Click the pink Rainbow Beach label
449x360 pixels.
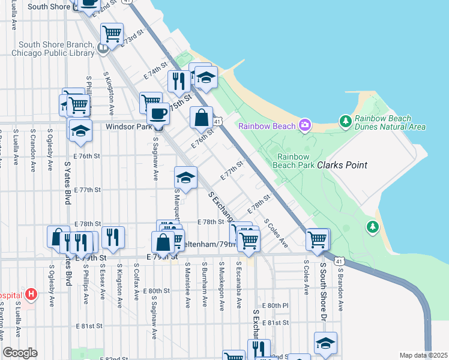click(x=267, y=126)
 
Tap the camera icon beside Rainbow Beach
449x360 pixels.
click(x=305, y=125)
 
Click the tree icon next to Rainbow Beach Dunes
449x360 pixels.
click(x=345, y=122)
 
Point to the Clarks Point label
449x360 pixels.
click(x=342, y=165)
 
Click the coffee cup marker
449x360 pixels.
click(x=158, y=113)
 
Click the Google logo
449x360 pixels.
click(x=20, y=353)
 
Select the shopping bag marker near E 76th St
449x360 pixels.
click(x=201, y=118)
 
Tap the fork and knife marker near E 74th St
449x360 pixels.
click(x=178, y=81)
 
